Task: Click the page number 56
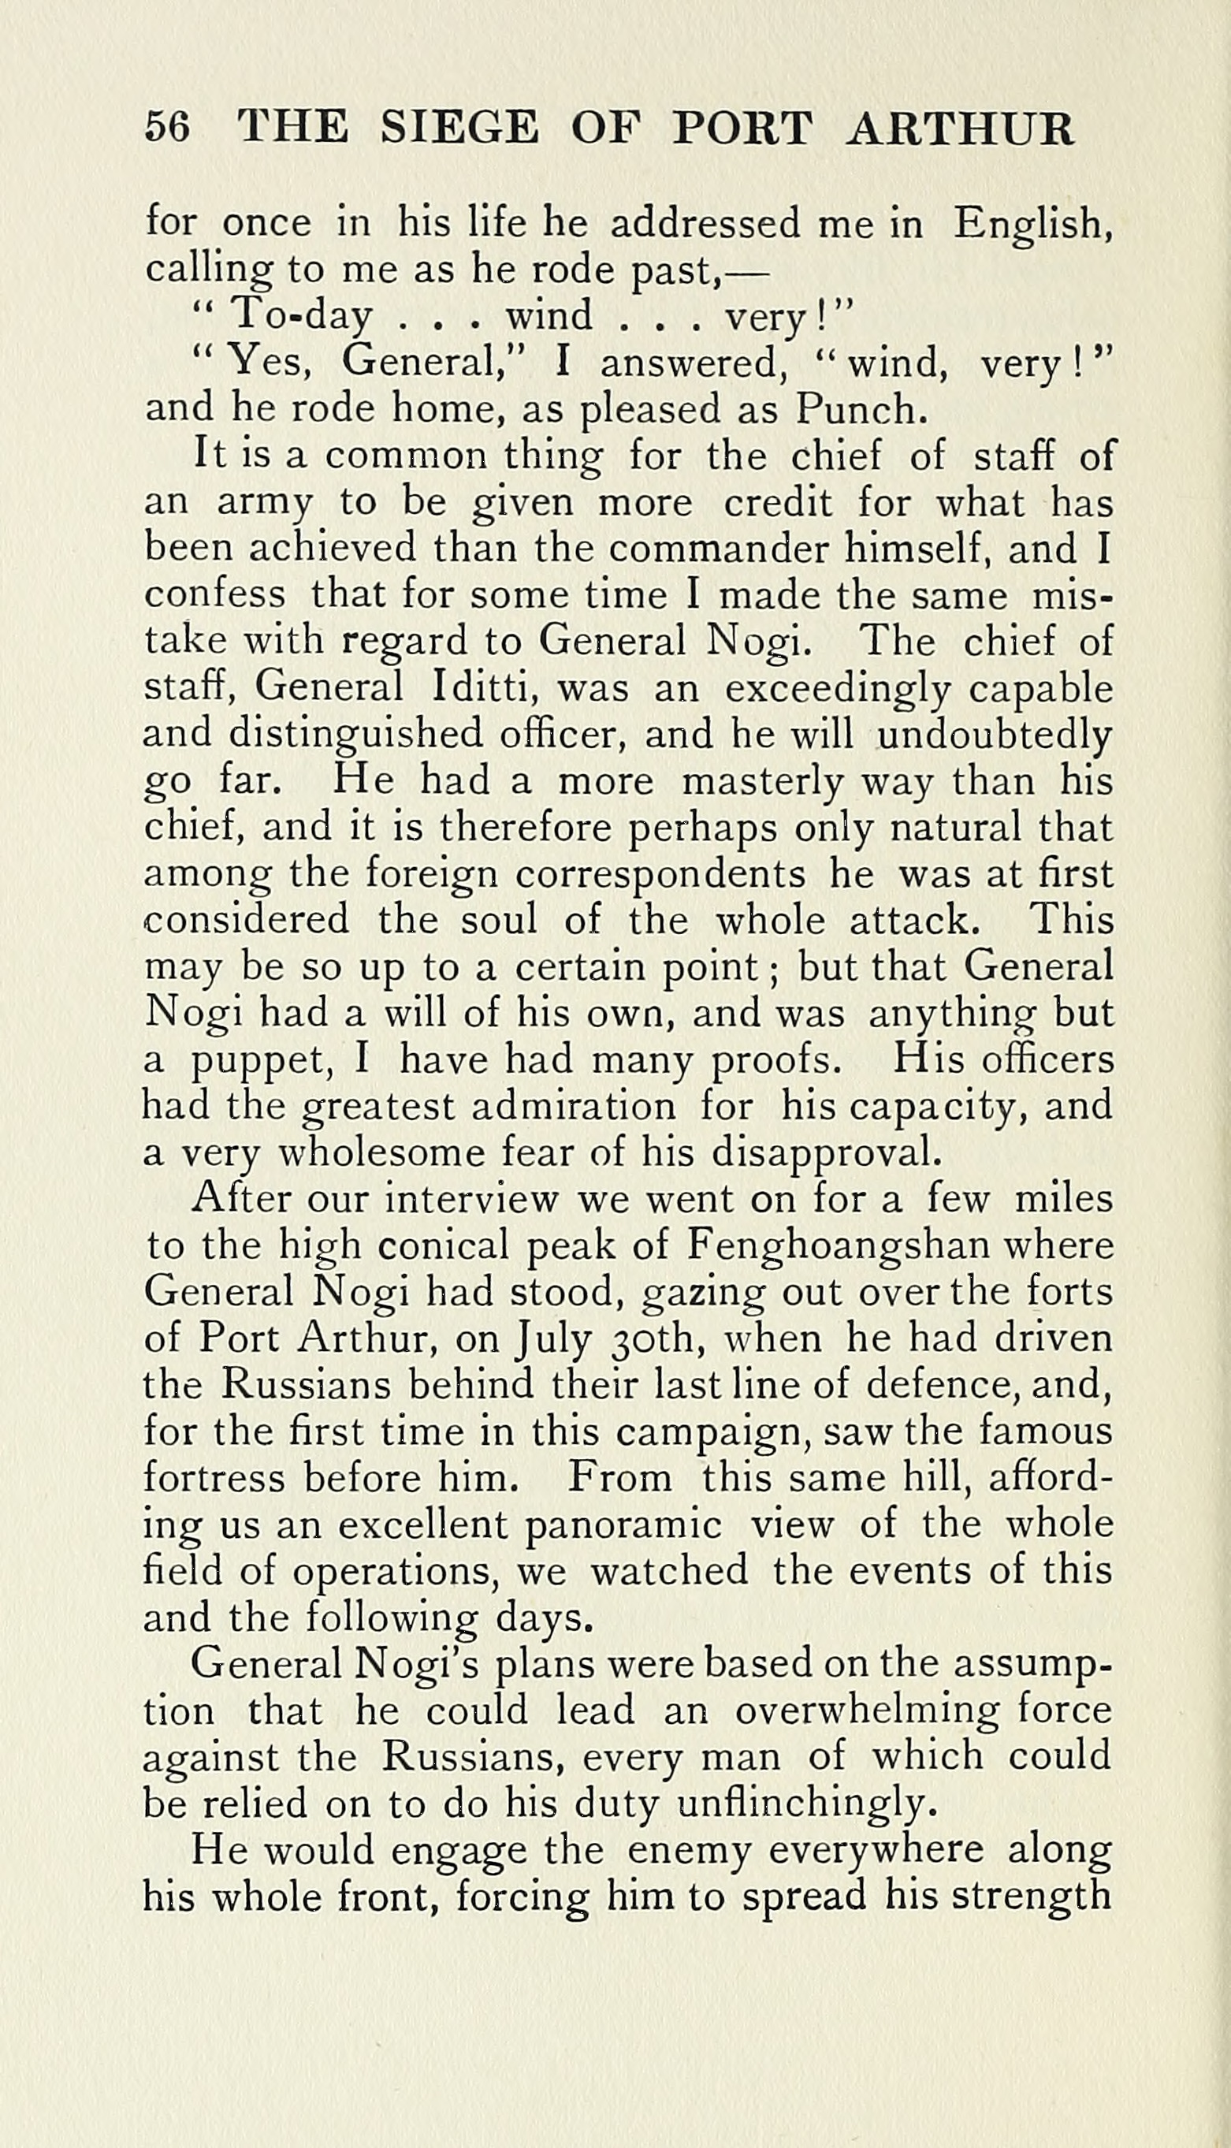167,128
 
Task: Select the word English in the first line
1032,225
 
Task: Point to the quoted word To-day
301,317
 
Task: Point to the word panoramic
624,1524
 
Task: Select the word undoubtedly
995,735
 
